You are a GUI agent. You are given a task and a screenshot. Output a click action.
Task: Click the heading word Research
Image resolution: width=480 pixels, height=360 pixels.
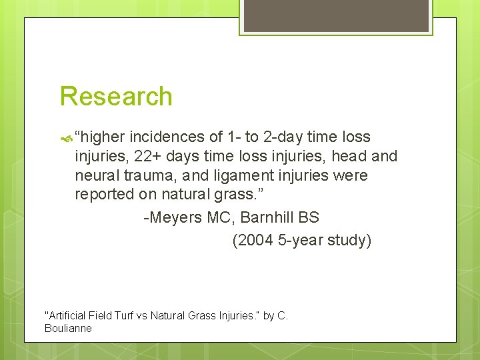pos(116,97)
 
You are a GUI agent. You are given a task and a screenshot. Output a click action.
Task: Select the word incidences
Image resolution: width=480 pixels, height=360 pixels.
pos(167,137)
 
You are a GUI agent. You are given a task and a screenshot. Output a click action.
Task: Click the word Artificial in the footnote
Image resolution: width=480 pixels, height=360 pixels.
pos(65,315)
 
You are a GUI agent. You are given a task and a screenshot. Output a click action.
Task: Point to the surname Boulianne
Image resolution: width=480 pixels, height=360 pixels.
pos(68,328)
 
